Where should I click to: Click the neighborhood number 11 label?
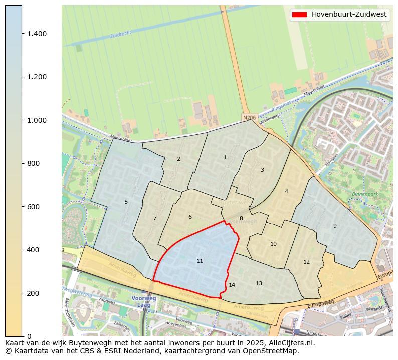200,261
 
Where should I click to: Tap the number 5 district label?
126,202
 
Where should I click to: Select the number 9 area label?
335,226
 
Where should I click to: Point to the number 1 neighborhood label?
225,157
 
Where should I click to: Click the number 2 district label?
178,159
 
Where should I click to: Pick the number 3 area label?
262,170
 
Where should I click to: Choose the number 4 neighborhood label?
286,191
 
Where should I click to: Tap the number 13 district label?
259,283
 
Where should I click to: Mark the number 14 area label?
232,285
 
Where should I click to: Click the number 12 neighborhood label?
306,262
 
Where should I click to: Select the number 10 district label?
273,244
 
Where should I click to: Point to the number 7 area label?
155,218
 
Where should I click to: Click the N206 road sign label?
249,118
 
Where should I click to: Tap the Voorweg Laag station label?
144,301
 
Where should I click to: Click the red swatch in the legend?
299,15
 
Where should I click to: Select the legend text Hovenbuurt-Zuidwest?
349,15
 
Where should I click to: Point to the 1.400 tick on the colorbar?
37,34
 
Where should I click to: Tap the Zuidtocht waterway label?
120,36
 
